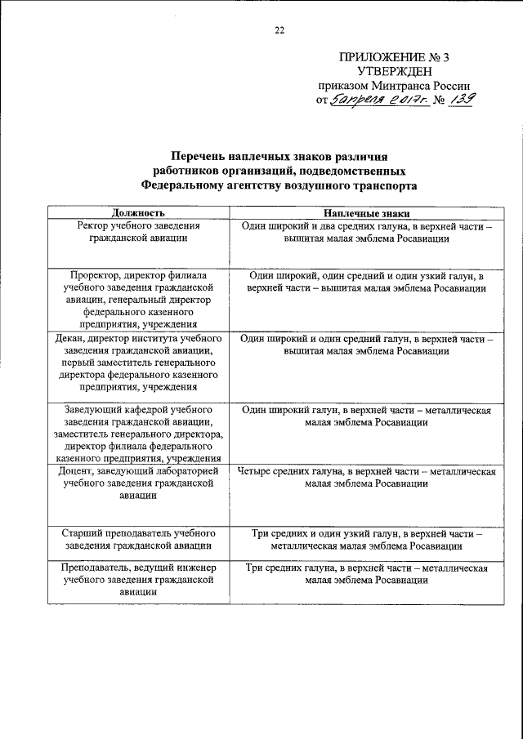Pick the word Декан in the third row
73,337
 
